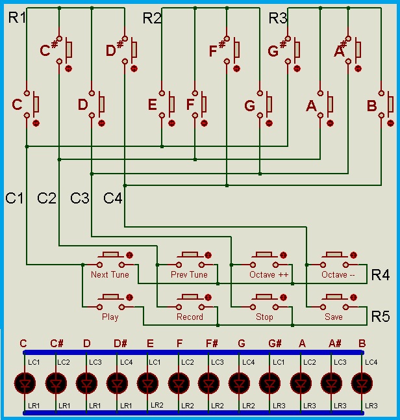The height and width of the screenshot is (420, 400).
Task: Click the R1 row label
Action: coord(17,18)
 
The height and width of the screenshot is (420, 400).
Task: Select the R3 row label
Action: coord(278,18)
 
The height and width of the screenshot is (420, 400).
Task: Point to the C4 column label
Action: coord(113,198)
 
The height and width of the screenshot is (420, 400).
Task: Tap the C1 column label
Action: coord(15,198)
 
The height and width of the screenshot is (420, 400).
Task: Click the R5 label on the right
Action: coord(381,317)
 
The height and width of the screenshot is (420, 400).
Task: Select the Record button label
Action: coord(190,317)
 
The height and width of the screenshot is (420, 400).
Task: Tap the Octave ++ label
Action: coord(269,275)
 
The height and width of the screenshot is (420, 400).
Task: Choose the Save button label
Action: coord(334,317)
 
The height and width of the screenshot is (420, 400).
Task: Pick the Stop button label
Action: coord(264,317)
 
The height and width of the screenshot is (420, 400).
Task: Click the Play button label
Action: coord(110,317)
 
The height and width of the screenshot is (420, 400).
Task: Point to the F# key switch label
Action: coord(218,49)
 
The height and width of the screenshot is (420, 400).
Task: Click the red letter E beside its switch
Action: coord(153,105)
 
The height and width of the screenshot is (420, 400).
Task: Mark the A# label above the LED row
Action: coord(335,343)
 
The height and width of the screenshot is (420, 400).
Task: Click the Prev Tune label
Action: coord(189,275)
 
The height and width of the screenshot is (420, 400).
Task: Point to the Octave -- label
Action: coord(338,275)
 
